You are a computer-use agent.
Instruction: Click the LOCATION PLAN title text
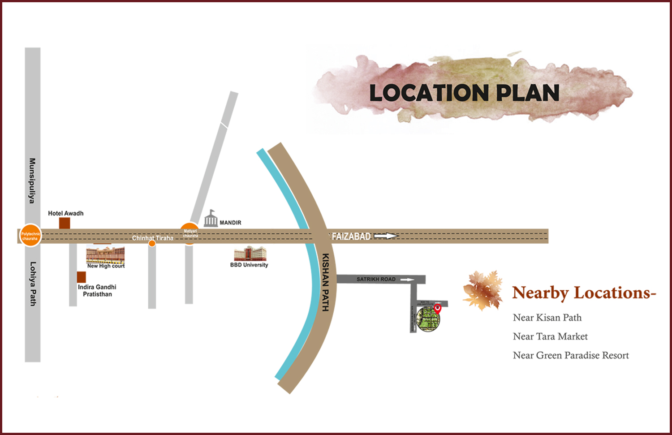[464, 93]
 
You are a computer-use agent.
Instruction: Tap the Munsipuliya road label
[32, 181]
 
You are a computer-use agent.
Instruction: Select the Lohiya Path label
[33, 284]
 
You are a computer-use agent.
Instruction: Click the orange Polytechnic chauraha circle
[30, 236]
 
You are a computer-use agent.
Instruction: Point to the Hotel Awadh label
[66, 213]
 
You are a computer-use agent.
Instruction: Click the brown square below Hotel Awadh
[65, 223]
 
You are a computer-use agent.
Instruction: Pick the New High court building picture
[105, 254]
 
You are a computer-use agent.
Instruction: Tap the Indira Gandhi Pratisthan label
[97, 290]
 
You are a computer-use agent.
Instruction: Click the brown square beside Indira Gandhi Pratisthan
[81, 277]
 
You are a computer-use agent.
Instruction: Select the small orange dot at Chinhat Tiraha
[152, 244]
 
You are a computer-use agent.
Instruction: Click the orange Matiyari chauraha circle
[190, 233]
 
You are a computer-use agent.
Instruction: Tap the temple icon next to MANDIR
[211, 219]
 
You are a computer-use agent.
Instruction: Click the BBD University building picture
[250, 254]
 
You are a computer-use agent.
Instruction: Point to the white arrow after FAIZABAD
[386, 236]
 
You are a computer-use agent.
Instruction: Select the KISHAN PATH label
[326, 282]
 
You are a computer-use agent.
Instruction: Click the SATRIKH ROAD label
[376, 279]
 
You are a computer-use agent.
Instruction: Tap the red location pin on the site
[438, 308]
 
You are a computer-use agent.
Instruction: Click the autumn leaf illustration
[483, 290]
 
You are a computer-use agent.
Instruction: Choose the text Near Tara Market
[550, 336]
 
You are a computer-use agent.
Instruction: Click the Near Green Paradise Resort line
[571, 355]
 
